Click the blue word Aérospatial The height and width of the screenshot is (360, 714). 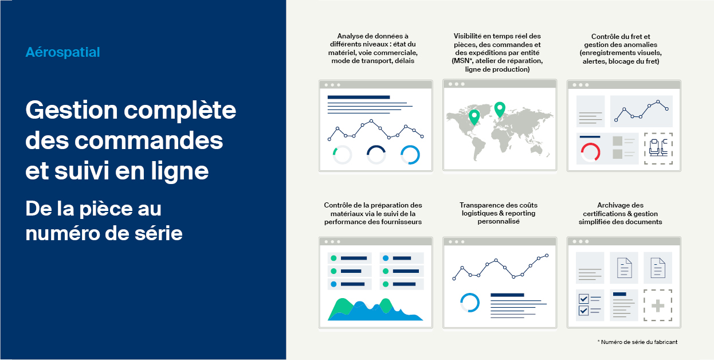coord(62,52)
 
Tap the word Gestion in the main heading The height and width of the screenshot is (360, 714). coord(72,110)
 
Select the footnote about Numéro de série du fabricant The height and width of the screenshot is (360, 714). coord(637,342)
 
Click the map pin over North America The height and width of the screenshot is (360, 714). coord(474,117)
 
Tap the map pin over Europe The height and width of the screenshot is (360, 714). coord(500,109)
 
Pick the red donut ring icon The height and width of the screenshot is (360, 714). coord(590,152)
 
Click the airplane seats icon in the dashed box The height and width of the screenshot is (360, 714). coord(658,148)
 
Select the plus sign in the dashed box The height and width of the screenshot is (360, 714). coord(658,306)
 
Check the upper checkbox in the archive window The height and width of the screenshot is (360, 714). coord(583,299)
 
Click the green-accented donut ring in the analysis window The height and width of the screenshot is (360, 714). coord(342,155)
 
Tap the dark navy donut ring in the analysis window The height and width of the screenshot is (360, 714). coord(376,155)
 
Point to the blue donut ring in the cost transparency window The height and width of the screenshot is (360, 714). coord(470,302)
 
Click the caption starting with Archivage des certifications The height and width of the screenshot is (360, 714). coord(620,213)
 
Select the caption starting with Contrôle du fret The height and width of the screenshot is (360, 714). coord(621,49)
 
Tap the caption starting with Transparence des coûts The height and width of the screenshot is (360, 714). coord(499,213)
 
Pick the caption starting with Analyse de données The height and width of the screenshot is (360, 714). coord(373,49)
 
